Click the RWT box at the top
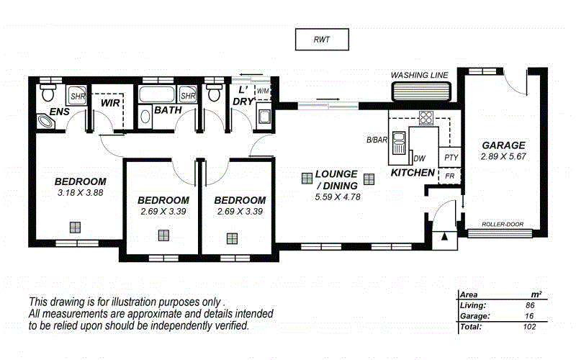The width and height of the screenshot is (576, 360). (321, 40)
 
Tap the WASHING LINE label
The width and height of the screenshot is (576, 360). (419, 75)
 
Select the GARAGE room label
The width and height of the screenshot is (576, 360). (503, 145)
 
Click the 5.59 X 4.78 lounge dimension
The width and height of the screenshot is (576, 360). (337, 197)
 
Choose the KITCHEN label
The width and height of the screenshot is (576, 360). (413, 173)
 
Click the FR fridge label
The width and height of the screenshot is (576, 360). (450, 176)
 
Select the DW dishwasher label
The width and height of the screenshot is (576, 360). (419, 159)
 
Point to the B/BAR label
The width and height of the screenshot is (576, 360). (377, 140)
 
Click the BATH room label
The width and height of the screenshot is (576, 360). (167, 112)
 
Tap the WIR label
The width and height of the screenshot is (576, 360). (110, 104)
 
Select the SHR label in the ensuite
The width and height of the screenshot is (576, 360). (77, 95)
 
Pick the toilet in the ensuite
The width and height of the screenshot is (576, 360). (48, 92)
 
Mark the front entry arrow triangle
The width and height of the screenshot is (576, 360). (445, 235)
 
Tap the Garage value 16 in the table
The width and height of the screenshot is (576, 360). (530, 315)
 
